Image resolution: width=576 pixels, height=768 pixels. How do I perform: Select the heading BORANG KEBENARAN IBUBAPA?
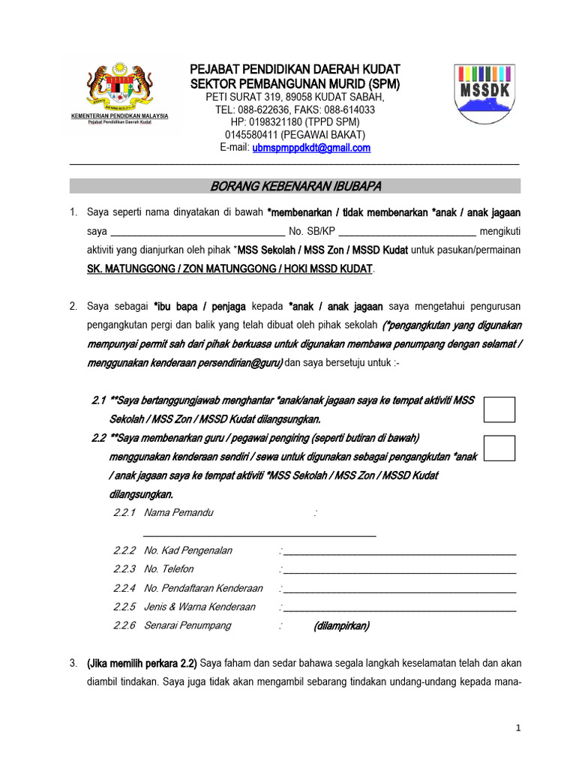pyautogui.click(x=295, y=186)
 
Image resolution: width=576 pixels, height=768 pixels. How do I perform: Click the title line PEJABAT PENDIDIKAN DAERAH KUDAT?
pyautogui.click(x=295, y=70)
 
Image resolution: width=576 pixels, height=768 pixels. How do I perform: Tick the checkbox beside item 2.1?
pyautogui.click(x=499, y=409)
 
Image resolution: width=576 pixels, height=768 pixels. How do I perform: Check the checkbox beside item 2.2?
pyautogui.click(x=499, y=448)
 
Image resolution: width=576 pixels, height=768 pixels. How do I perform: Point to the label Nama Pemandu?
pyautogui.click(x=178, y=512)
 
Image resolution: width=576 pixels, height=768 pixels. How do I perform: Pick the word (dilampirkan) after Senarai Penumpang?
pyautogui.click(x=341, y=625)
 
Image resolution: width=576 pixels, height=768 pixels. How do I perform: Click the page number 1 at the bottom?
pyautogui.click(x=517, y=727)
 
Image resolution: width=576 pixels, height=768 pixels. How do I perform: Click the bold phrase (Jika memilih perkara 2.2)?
pyautogui.click(x=142, y=664)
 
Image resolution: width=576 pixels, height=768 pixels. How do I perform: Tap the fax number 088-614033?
pyautogui.click(x=349, y=109)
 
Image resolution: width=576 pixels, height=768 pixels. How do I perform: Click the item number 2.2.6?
pyautogui.click(x=124, y=625)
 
